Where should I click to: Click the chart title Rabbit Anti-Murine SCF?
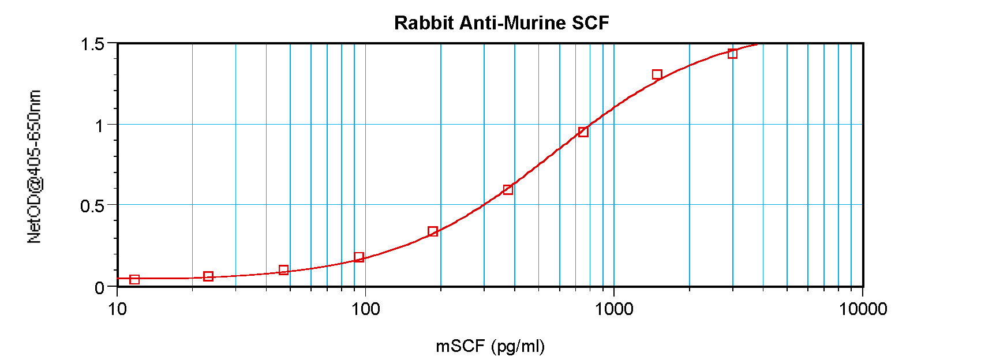pos(501,23)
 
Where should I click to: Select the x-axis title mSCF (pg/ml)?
pos(490,346)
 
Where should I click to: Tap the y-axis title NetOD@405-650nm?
pos(34,167)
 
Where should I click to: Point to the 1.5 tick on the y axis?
pos(92,44)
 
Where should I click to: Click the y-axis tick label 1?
pos(99,125)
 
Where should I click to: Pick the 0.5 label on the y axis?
pos(92,206)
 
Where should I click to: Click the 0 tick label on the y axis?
pos(99,287)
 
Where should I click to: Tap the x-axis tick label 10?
pos(117,309)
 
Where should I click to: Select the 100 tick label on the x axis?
pos(365,309)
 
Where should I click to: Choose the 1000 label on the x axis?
pos(614,309)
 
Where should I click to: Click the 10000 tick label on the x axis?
pos(863,309)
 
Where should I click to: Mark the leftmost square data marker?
pos(134,279)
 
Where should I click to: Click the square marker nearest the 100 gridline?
pos(359,257)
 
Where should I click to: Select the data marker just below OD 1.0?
pos(583,132)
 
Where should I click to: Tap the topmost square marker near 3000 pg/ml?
pos(732,54)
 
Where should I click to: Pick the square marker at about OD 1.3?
pos(657,74)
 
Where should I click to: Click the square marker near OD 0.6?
pos(508,190)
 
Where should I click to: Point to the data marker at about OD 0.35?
pos(433,231)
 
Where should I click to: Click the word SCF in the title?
pos(590,23)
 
